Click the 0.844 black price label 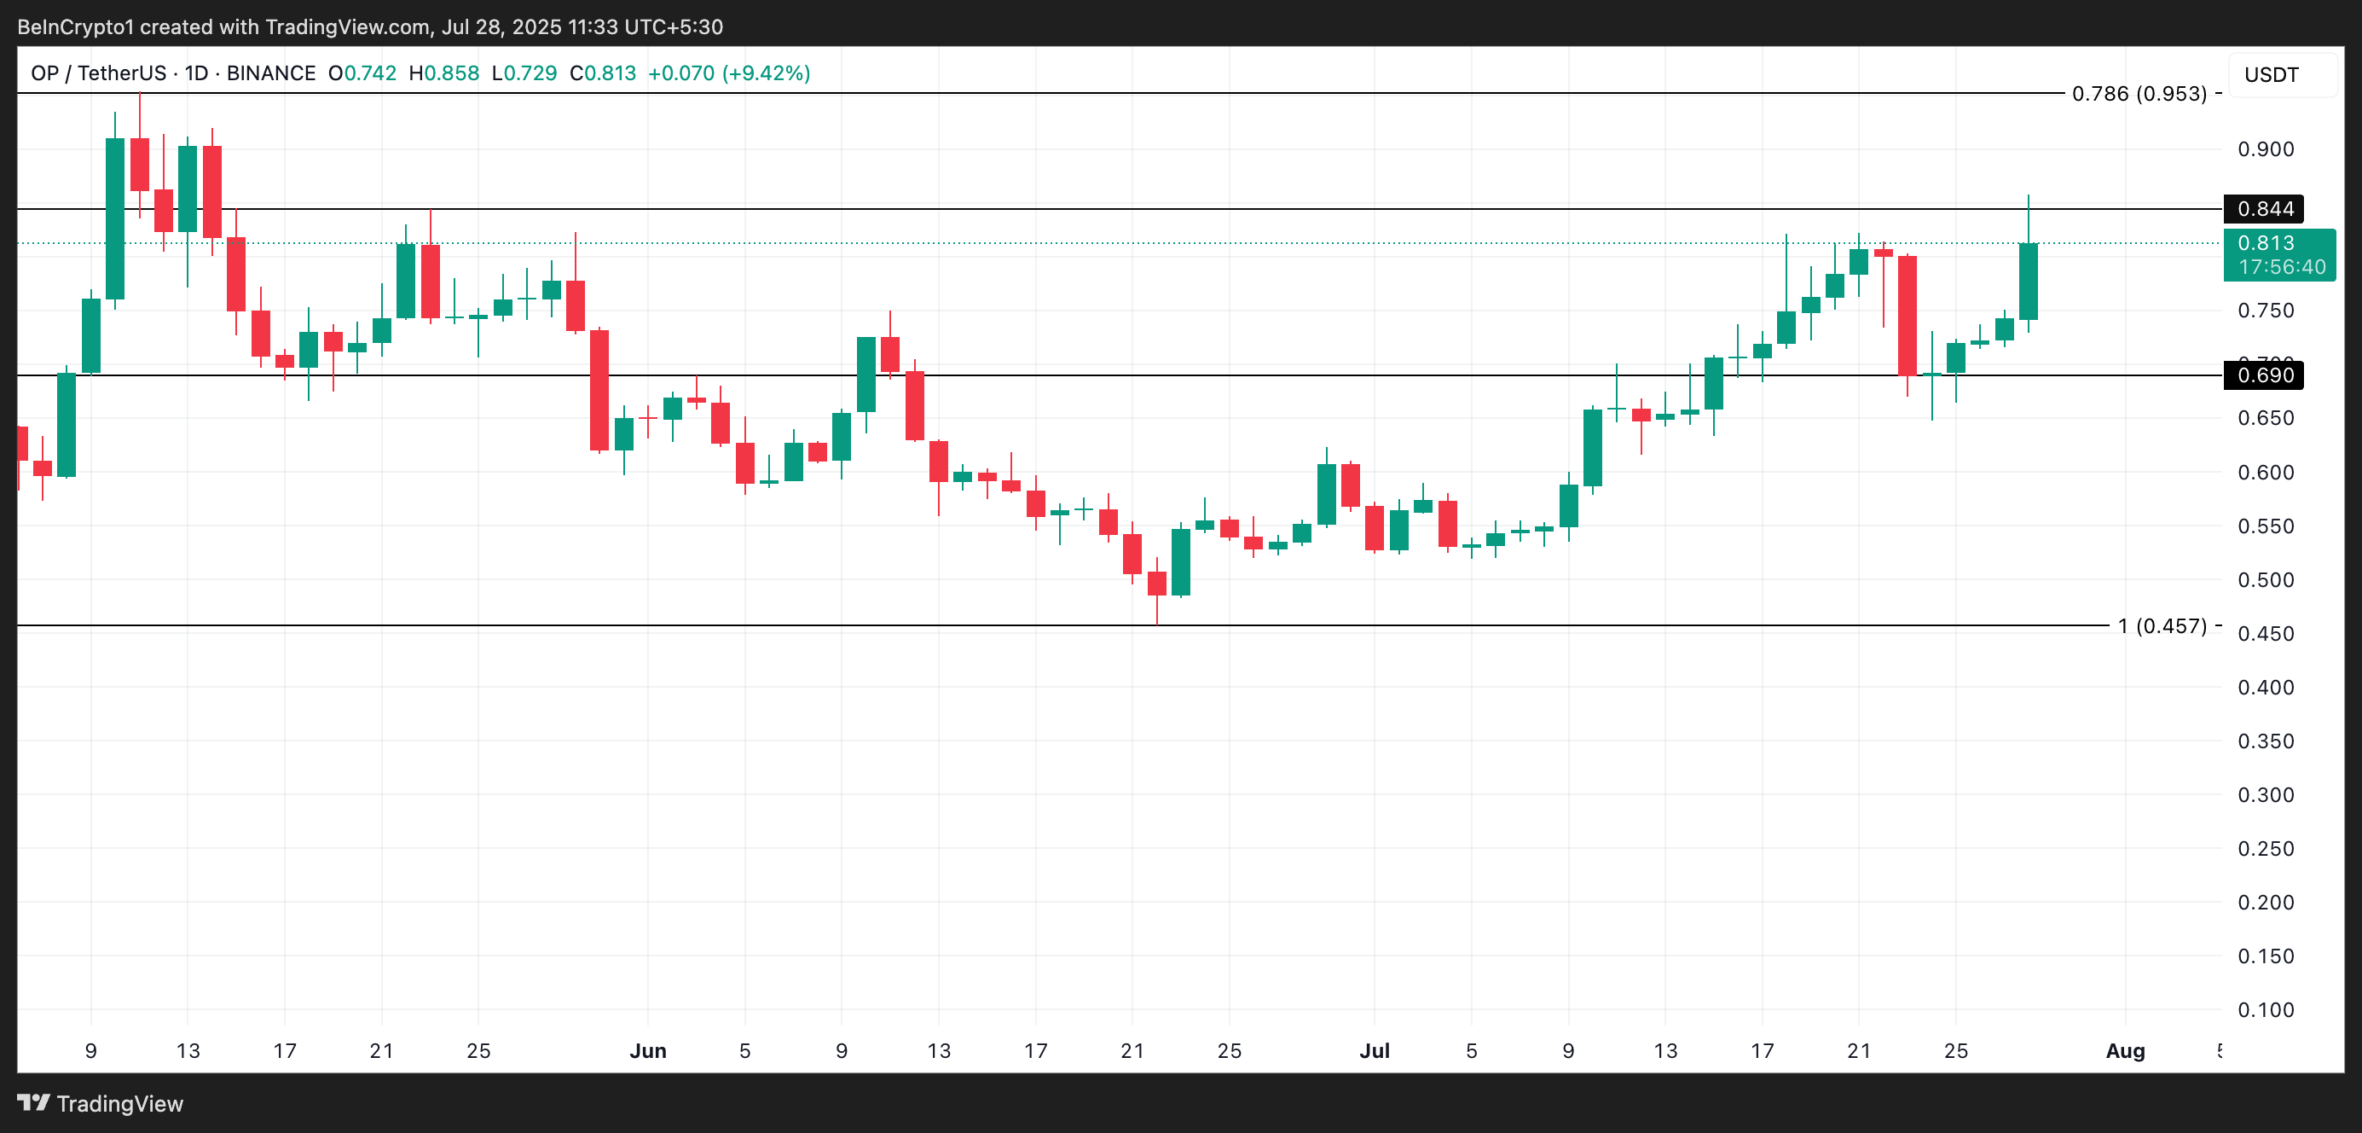coord(2264,209)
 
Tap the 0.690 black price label coord(2264,375)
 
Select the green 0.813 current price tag coord(2278,254)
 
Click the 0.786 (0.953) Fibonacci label coord(2139,94)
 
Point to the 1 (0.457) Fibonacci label coord(2162,625)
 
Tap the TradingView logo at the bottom coord(101,1103)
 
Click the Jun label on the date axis coord(647,1050)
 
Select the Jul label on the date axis coord(1374,1050)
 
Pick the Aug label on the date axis coord(2124,1050)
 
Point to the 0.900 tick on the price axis coord(2265,149)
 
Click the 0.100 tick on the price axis coord(2265,1009)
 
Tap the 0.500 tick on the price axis coord(2265,580)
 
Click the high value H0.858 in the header coord(443,73)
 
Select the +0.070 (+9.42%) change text coord(729,73)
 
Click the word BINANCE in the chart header coord(270,73)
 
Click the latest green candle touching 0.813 coord(2029,281)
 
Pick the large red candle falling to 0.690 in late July coord(1908,315)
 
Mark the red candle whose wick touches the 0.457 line coord(1157,584)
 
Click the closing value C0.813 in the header coord(602,73)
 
